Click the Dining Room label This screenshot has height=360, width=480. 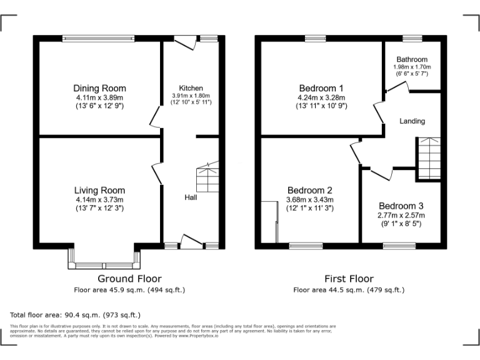tap(99, 88)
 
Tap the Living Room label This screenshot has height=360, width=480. tap(99, 191)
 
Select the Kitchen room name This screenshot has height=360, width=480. tap(191, 88)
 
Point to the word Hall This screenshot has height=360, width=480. tap(191, 197)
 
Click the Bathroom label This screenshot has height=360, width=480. tap(412, 60)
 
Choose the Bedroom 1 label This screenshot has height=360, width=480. tap(321, 88)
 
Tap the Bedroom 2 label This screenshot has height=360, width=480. tap(310, 191)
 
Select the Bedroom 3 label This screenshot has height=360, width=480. tap(401, 206)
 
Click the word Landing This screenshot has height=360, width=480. tap(412, 121)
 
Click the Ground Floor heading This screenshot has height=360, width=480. tap(129, 279)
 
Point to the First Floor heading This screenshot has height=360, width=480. tap(349, 279)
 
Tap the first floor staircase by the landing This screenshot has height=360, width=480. tap(429, 158)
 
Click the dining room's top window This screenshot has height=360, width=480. tap(98, 39)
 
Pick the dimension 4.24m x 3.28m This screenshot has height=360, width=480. tap(321, 97)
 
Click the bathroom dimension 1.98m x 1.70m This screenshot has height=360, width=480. tap(412, 67)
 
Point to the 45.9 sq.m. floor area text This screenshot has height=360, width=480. tap(129, 290)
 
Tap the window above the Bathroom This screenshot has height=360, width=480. tap(412, 39)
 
